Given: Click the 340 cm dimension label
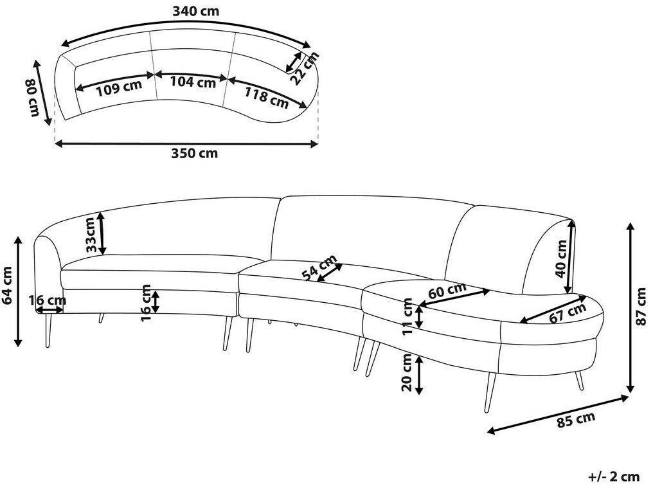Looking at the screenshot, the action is pyautogui.click(x=196, y=12).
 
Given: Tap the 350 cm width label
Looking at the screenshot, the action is pyautogui.click(x=195, y=154).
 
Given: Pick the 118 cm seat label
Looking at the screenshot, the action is pyautogui.click(x=267, y=97).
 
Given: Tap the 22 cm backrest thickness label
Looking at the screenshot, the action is pyautogui.click(x=305, y=68).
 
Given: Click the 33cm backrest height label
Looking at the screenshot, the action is pyautogui.click(x=92, y=235).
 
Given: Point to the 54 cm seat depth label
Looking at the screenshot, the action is pyautogui.click(x=319, y=268).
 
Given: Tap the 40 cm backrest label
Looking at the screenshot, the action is pyautogui.click(x=562, y=259).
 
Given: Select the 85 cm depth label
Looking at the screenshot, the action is pyautogui.click(x=577, y=419).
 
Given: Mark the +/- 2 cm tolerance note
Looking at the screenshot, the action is pyautogui.click(x=614, y=476).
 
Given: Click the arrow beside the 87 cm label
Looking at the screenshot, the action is pyautogui.click(x=631, y=307).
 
